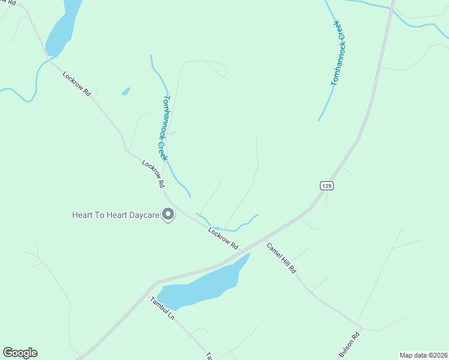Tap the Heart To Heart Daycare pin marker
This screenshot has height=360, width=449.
(169, 214)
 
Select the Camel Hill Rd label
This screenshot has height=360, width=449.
(282, 259)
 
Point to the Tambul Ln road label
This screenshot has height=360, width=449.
(162, 308)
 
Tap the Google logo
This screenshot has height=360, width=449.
(20, 353)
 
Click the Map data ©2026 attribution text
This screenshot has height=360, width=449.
(423, 355)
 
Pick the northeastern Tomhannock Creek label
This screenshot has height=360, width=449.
(339, 53)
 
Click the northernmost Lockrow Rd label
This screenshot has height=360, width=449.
(77, 84)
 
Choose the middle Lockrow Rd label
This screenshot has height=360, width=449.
(153, 175)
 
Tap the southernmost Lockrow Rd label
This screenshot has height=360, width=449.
(223, 238)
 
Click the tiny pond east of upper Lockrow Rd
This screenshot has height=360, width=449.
(125, 92)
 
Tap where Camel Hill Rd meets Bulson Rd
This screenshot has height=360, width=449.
(360, 329)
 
